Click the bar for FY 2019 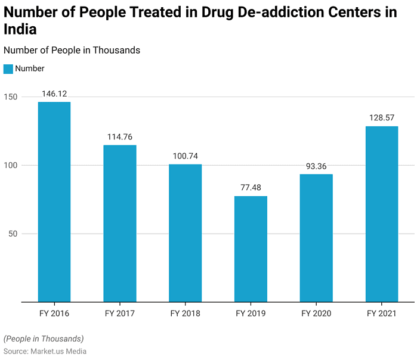tap(251, 249)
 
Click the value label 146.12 tap(54, 94)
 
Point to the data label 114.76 tap(120, 136)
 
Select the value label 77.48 tap(251, 188)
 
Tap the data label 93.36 tap(316, 166)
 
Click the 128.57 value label tap(382, 118)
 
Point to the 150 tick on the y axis tap(11, 97)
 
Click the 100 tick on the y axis tap(11, 165)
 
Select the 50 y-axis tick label tap(14, 234)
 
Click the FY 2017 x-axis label tap(120, 314)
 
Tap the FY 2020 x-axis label tap(316, 314)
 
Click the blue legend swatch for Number tap(8, 69)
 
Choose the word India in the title tap(20, 29)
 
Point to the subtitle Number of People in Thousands tap(72, 50)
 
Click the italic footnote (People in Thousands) tap(44, 339)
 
